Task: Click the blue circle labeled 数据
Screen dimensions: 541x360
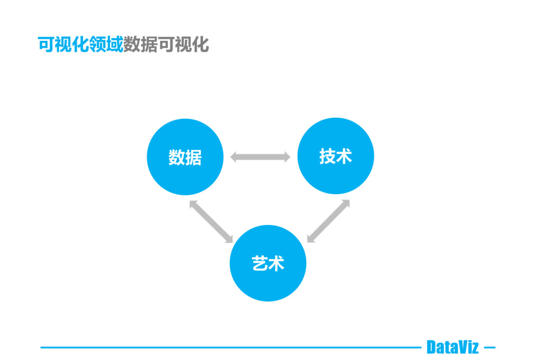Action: point(185,157)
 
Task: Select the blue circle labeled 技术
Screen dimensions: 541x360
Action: point(335,156)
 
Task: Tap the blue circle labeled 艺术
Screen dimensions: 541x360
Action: point(268,263)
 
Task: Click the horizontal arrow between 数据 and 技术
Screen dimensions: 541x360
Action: point(260,157)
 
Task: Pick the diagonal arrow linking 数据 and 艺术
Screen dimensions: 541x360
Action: point(211,221)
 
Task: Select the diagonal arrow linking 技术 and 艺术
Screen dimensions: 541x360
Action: point(328,221)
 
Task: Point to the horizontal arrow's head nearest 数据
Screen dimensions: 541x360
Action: point(235,157)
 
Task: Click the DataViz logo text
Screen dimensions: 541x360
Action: point(452,347)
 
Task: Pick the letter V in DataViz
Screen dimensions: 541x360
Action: point(463,347)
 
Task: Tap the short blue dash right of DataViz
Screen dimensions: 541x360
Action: point(490,347)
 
